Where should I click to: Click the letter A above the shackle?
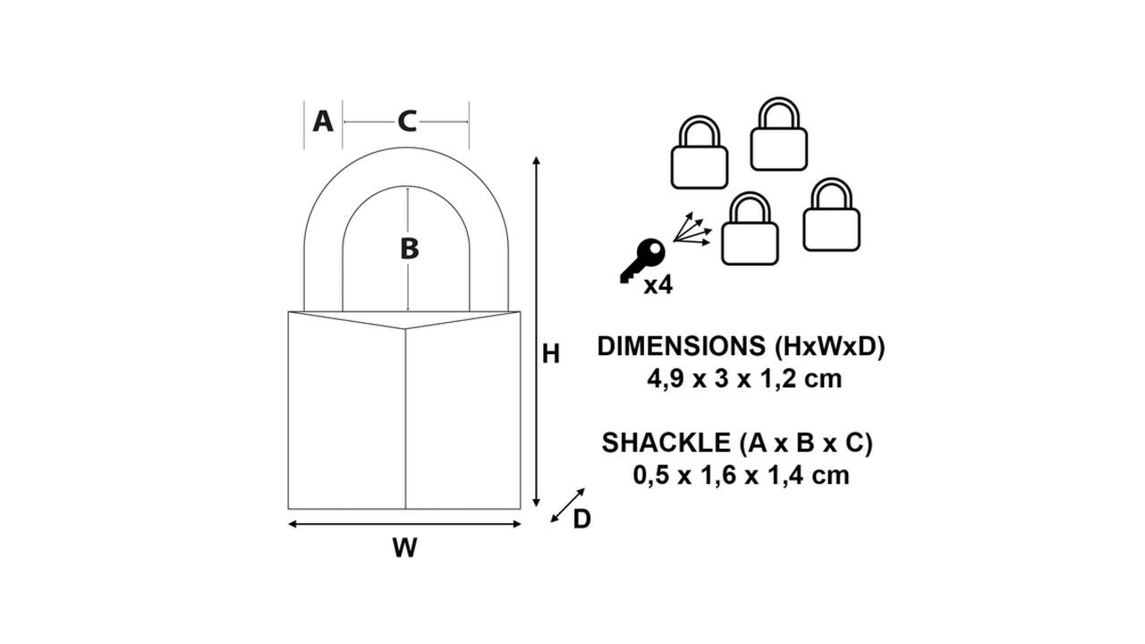point(323,122)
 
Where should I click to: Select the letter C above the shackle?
point(407,122)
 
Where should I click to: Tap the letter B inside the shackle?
point(410,249)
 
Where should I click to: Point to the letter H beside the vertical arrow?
point(551,354)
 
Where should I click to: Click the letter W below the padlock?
point(405,548)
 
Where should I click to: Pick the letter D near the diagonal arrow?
point(581,520)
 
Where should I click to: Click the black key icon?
point(642,260)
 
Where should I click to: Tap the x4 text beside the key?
point(658,285)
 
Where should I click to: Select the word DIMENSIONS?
point(682,346)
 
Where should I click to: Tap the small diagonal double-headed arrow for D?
point(567,505)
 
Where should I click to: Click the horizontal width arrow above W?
point(405,524)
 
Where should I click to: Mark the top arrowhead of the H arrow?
point(536,160)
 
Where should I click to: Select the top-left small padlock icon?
point(700,152)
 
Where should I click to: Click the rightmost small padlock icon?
point(832,215)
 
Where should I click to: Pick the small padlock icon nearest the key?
point(750,228)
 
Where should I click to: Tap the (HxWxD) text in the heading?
point(829,346)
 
